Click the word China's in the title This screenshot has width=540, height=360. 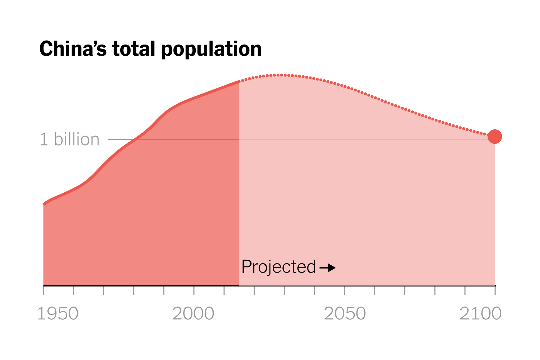[73, 49]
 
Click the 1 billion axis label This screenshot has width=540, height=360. [69, 140]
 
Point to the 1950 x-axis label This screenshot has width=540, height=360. [58, 314]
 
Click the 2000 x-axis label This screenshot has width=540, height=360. [193, 314]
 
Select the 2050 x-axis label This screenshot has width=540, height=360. [345, 314]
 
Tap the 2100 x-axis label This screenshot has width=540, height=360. [480, 314]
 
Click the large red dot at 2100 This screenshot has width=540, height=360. [494, 137]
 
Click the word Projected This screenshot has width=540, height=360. [278, 267]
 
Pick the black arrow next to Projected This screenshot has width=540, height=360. [328, 268]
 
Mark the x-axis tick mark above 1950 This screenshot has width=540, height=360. [44, 290]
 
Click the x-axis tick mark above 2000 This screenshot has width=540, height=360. [194, 290]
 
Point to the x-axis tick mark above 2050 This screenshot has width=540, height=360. [344, 290]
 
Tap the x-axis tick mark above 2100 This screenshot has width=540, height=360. [495, 290]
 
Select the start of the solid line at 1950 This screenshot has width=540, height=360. [44, 204]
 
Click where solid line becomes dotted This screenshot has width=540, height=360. [239, 82]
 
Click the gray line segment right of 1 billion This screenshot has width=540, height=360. [120, 139]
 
